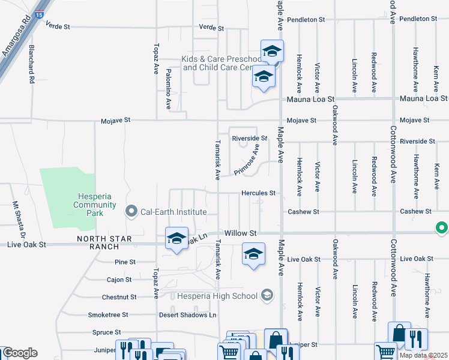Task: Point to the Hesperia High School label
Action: [x=216, y=296]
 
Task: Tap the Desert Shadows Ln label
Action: [x=187, y=315]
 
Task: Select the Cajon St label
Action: [x=119, y=280]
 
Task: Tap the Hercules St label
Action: [x=258, y=194]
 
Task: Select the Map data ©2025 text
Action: [x=423, y=355]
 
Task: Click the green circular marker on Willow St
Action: [x=442, y=228]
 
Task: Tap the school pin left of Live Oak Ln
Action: [x=177, y=239]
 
